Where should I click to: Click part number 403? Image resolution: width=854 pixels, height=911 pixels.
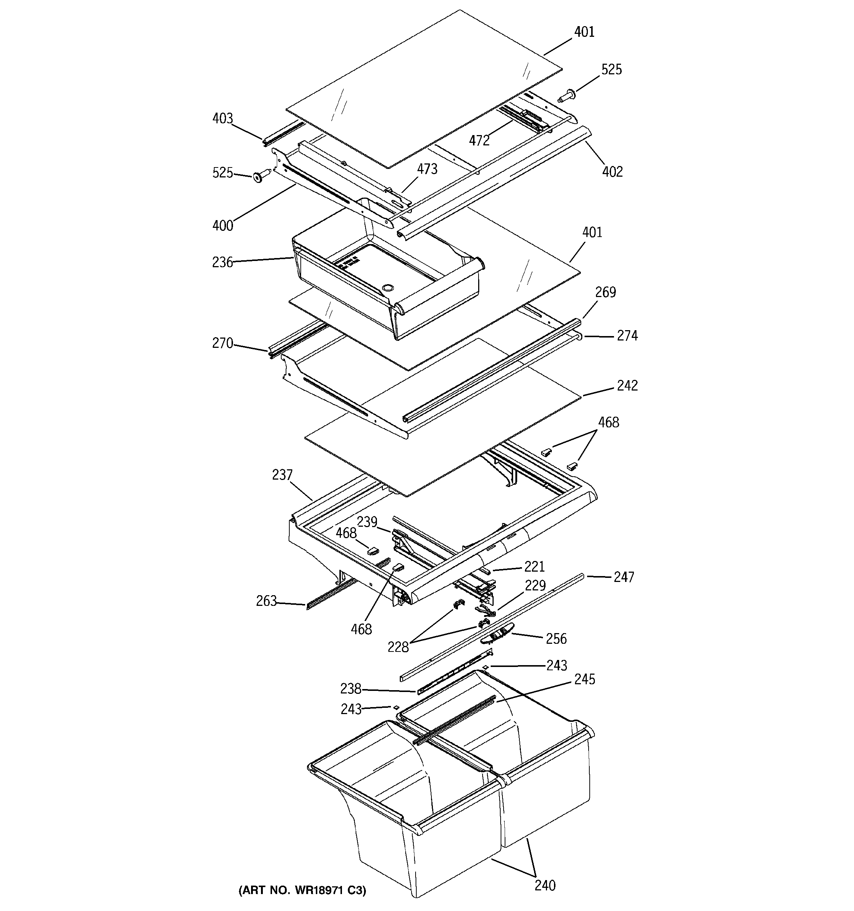coord(222,119)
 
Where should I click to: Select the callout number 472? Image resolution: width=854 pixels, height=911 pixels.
coord(479,141)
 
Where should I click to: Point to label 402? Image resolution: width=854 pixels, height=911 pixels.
coord(613,172)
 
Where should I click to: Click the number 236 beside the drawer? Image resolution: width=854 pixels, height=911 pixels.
coord(222,262)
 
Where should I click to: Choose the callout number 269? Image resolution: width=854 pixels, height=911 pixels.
coord(605,292)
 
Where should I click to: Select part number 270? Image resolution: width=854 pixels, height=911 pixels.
coord(222,343)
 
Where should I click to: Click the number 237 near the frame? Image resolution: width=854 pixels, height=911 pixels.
coord(282,475)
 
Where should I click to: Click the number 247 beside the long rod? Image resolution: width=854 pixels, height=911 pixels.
coord(624,577)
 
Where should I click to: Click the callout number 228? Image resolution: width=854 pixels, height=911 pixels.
coord(398,647)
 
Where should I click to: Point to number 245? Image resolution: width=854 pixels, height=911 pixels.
coord(585,679)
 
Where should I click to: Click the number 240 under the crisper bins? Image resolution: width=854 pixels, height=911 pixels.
coord(544,885)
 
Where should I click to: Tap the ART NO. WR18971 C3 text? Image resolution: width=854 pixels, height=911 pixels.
coord(302,890)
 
